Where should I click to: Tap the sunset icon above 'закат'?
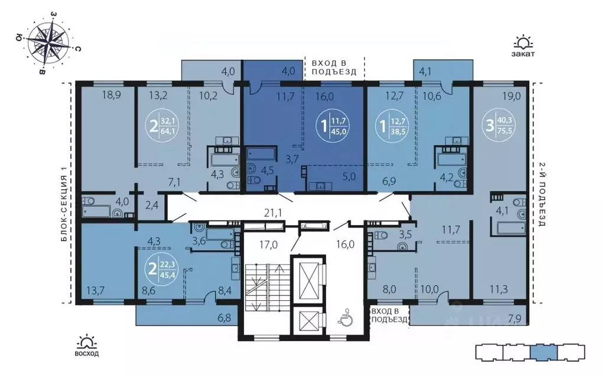523,42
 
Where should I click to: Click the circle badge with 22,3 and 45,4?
161,269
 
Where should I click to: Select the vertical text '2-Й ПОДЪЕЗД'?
541,195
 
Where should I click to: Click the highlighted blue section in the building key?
544,353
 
